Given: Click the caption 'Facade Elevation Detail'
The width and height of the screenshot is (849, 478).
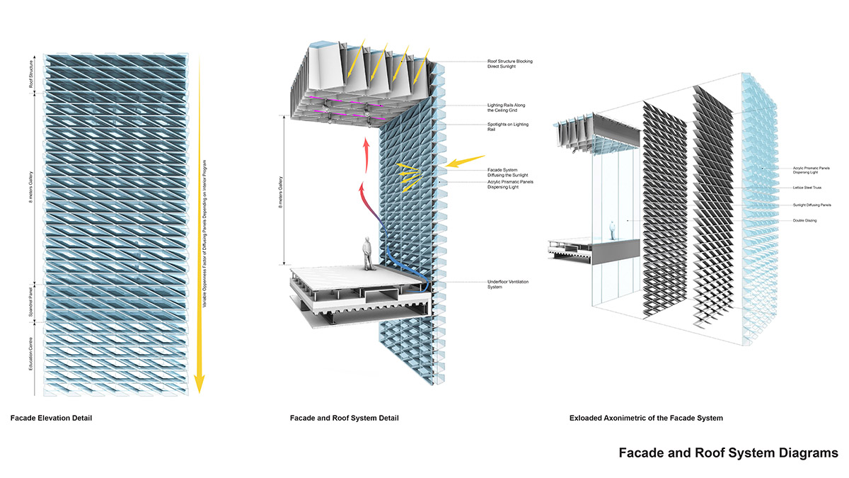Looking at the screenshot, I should [x=51, y=418].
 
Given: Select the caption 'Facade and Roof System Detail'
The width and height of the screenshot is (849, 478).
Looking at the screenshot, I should [x=344, y=418].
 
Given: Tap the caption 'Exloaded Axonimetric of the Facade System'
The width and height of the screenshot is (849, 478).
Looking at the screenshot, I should [x=646, y=418].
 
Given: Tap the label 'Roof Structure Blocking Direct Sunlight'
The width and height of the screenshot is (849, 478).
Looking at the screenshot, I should [x=509, y=64].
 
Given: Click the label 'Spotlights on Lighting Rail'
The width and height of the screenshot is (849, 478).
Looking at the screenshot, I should [x=507, y=127].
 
